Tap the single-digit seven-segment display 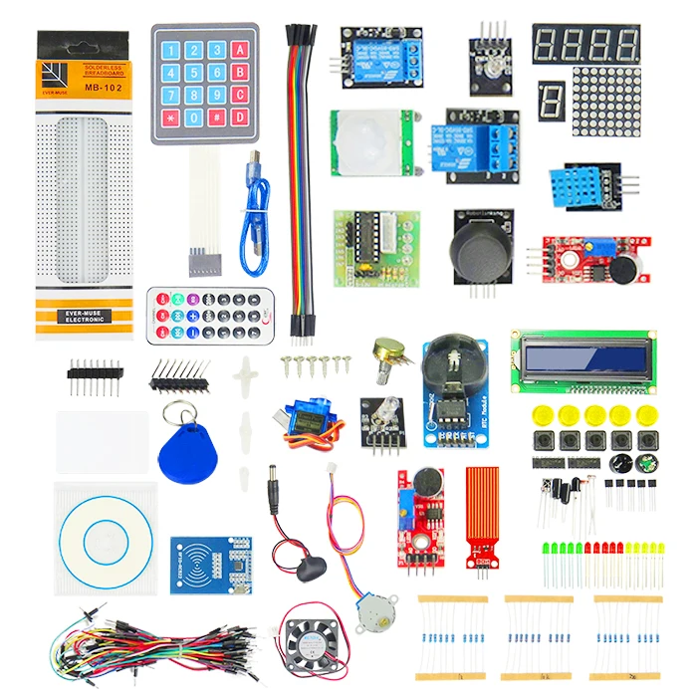(x=552, y=103)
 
